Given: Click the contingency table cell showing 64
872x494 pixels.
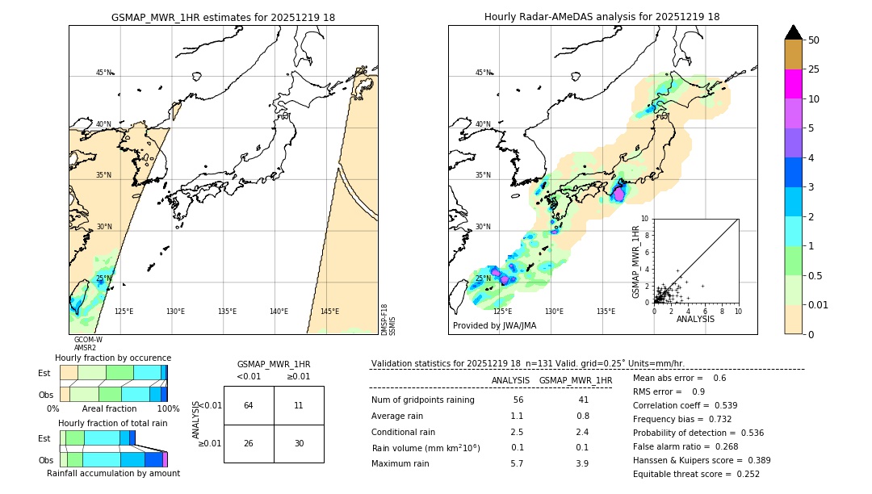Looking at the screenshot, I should (x=249, y=405).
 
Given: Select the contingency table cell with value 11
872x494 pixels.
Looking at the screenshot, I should (x=299, y=405).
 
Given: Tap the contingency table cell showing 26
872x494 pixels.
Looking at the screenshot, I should (x=249, y=443).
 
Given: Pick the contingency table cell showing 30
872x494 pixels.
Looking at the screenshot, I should (x=299, y=443).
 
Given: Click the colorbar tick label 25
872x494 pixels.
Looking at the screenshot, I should (x=814, y=69).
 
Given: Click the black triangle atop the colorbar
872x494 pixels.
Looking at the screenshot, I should (x=794, y=32).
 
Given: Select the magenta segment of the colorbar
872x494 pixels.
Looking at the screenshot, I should (x=794, y=84).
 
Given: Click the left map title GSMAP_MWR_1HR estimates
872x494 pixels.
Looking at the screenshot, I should (x=223, y=17).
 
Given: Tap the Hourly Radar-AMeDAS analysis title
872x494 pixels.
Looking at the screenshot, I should (x=602, y=17).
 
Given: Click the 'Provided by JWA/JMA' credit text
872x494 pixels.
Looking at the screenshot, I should (x=494, y=326).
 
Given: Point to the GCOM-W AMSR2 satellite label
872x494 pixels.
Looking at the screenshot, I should (x=87, y=344).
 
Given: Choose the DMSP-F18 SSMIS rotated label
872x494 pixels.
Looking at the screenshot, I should (x=388, y=320).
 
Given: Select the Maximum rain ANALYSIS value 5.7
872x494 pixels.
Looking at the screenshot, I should (x=518, y=463).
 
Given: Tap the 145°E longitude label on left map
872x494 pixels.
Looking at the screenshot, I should (x=329, y=312).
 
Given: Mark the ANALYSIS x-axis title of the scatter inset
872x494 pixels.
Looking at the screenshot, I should (x=695, y=319).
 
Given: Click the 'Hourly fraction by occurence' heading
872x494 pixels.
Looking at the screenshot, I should (x=113, y=358).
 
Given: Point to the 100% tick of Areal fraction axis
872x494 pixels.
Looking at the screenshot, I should (x=168, y=409).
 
